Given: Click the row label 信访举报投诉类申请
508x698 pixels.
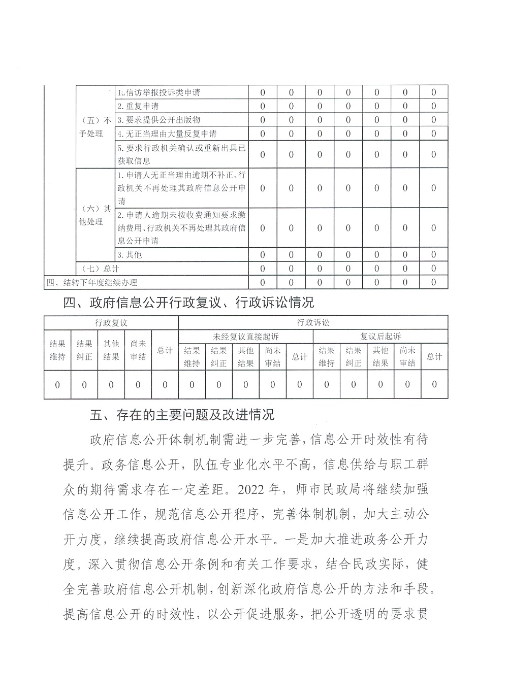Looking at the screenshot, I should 158,93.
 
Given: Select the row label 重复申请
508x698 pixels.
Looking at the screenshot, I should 138,106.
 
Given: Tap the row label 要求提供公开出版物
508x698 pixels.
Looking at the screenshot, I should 158,120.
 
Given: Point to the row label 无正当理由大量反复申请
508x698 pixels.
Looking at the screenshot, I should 167,134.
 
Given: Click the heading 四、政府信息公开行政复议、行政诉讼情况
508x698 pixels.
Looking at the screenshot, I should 188,303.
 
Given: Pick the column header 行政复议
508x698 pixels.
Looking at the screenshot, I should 111,322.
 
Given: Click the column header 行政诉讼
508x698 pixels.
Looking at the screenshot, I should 313,322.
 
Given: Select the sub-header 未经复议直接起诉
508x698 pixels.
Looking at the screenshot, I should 246,336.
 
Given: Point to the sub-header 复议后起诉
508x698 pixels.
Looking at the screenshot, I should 380,336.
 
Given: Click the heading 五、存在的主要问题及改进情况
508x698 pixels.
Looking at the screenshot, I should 182,415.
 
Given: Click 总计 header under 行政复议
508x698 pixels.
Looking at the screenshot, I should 165,350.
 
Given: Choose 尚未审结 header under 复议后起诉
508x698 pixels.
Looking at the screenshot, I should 407,356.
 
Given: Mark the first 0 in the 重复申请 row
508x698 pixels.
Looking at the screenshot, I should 263,106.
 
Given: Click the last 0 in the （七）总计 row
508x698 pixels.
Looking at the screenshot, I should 433,268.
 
